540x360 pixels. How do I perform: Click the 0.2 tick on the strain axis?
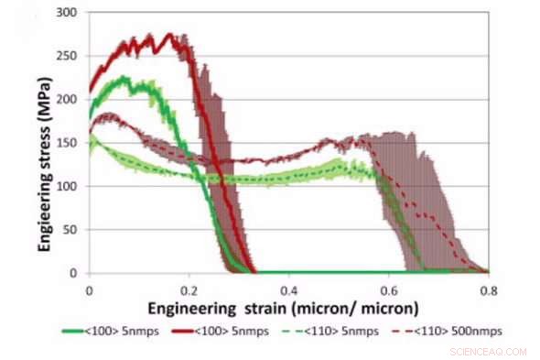189,287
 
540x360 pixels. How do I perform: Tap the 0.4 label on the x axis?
288,287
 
